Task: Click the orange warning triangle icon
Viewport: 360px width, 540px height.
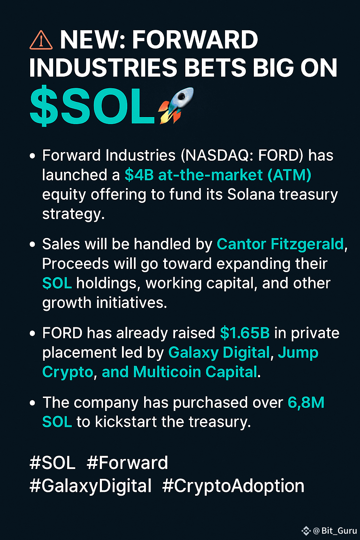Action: click(41, 40)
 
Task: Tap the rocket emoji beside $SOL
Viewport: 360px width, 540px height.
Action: click(176, 105)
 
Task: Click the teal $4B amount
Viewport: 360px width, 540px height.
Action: click(139, 175)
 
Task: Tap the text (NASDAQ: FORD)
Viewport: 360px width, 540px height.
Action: click(242, 155)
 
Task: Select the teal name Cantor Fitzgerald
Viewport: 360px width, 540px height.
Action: click(280, 244)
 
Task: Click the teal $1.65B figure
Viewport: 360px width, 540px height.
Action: click(245, 333)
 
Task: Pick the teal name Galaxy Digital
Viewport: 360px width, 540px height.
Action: click(219, 353)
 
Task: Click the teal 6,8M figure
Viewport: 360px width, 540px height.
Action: click(306, 403)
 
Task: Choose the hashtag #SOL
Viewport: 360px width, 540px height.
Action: click(52, 463)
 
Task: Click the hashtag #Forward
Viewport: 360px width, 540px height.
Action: click(127, 463)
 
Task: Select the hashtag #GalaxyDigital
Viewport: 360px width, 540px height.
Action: click(90, 486)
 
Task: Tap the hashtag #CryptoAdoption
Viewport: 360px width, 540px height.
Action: click(233, 486)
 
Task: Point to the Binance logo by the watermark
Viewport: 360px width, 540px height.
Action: click(306, 531)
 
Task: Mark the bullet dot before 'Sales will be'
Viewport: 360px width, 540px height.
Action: click(33, 244)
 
